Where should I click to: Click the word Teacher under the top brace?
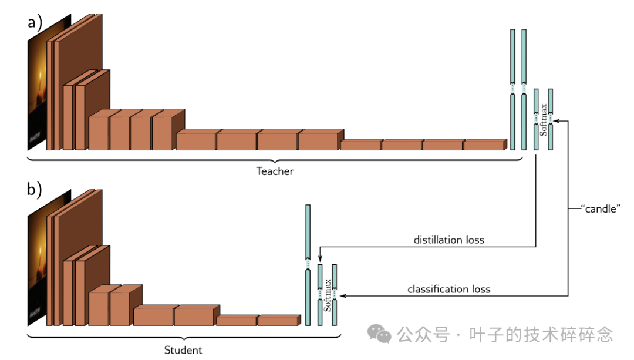[275, 171]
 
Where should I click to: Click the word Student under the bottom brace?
[183, 350]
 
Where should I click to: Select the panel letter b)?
[35, 190]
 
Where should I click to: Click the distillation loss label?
[448, 240]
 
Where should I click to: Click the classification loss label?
[448, 289]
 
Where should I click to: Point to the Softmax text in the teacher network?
[544, 120]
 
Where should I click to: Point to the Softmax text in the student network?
[328, 295]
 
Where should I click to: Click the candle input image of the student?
[41, 258]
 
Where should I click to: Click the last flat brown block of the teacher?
[484, 144]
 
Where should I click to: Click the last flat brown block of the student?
[278, 320]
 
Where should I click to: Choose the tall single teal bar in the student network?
[308, 264]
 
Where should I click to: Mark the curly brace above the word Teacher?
[275, 159]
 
